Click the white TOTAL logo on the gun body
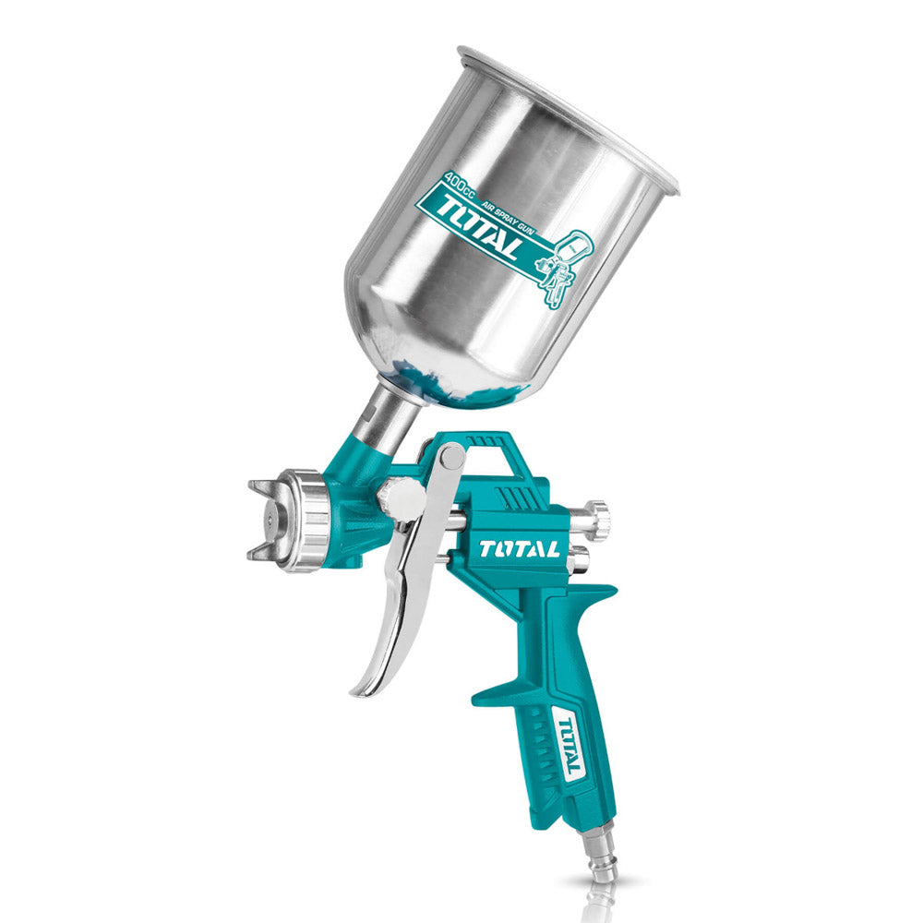click(519, 548)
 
